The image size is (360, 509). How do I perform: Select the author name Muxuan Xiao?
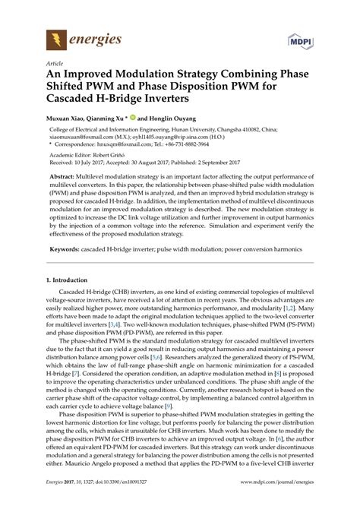(x=66, y=118)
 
